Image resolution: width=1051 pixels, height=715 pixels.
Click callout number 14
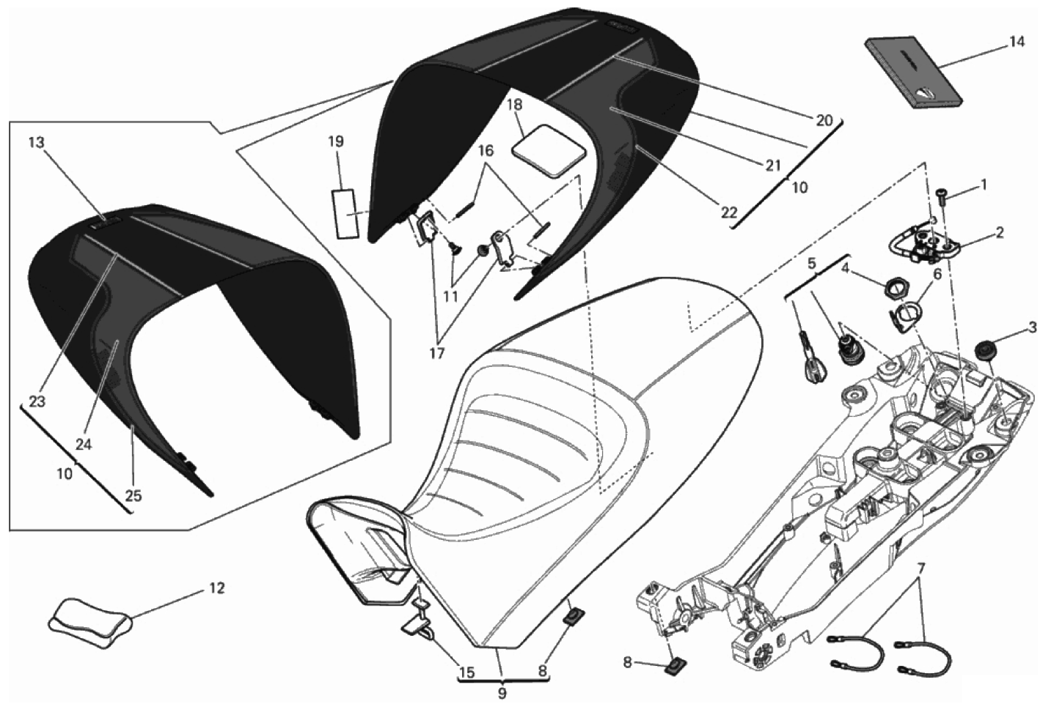pos(1015,42)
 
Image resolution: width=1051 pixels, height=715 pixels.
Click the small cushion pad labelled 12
pos(90,619)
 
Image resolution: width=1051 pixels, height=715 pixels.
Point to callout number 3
pos(1032,327)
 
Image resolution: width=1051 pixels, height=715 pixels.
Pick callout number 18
pos(516,104)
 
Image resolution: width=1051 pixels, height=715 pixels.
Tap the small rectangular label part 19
pos(344,213)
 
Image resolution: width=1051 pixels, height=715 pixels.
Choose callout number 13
pos(37,143)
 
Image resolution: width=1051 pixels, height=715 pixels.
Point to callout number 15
pos(466,672)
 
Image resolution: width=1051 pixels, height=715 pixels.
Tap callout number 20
pos(824,120)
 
